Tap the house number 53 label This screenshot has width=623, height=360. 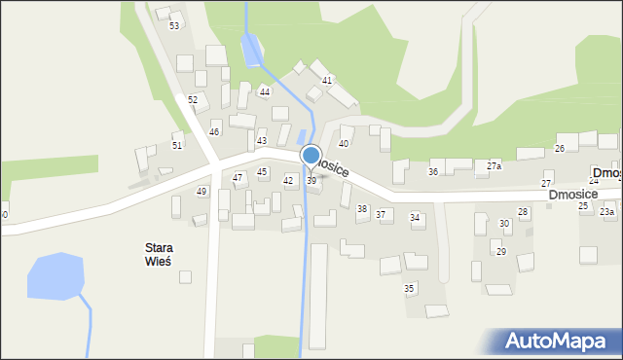174,25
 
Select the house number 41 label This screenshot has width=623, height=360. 327,80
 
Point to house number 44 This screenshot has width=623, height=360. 265,91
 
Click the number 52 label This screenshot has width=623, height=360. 193,100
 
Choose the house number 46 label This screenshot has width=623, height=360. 214,131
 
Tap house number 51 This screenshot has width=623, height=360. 177,146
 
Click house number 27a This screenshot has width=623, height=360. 494,166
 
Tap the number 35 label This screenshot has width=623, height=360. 410,289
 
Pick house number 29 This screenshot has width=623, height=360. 501,252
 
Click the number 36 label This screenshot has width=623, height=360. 433,172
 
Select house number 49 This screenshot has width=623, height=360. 202,192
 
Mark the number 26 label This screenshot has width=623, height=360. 560,148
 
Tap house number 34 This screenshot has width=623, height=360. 415,218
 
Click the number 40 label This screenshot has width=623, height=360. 344,144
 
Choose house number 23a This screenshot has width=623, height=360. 606,212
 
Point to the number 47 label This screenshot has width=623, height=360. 238,178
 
